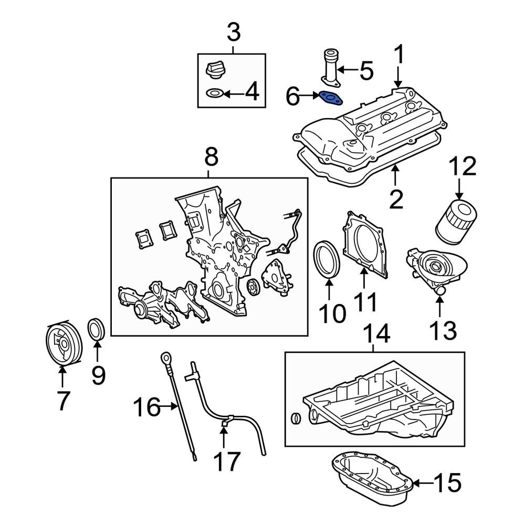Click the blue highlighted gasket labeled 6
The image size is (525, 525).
(330, 98)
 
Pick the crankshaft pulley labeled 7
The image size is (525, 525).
(61, 344)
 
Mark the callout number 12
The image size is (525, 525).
(462, 166)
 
